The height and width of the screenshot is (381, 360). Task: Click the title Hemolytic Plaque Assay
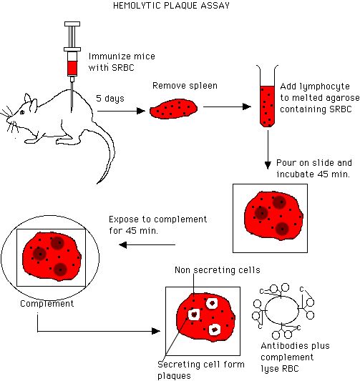tap(172, 5)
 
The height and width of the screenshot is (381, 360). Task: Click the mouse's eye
tap(22, 112)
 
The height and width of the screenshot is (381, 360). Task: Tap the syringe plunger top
tap(72, 24)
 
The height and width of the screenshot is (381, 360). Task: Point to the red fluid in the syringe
tap(72, 68)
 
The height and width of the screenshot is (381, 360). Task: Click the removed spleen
tap(173, 109)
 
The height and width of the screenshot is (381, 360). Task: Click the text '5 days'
tap(110, 98)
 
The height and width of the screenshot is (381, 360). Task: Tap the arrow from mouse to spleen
tap(121, 111)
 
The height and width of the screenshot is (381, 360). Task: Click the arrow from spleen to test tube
tap(227, 107)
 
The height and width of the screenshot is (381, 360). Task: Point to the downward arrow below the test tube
tap(268, 149)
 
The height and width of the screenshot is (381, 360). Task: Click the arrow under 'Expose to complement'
tap(147, 244)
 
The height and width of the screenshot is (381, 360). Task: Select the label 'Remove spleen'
tap(185, 86)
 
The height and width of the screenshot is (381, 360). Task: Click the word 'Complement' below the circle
tap(47, 304)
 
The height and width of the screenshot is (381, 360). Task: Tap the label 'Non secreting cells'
tap(218, 270)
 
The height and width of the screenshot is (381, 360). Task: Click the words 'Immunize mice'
tap(122, 56)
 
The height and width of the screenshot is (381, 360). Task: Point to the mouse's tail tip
tap(97, 184)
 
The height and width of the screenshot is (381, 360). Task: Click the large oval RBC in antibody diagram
tap(282, 310)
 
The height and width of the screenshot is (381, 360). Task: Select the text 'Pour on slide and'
tap(314, 163)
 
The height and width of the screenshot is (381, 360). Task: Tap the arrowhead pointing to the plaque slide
tap(156, 331)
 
